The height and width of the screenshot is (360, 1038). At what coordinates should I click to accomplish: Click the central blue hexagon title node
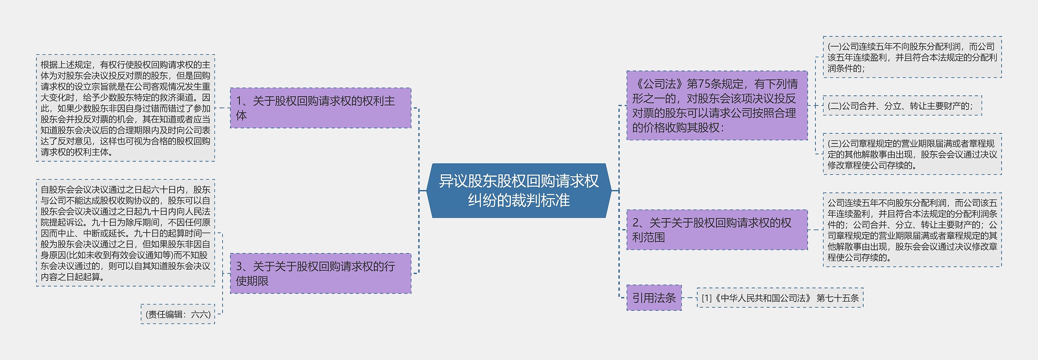(519, 191)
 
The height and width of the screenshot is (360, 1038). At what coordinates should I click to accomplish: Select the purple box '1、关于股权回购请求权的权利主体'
(320, 108)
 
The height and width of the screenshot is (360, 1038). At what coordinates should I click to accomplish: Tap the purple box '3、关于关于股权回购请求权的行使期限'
(320, 273)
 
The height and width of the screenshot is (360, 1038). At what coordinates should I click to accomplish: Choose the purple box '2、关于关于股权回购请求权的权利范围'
(717, 229)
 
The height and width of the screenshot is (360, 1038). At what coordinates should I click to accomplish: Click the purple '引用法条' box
(654, 298)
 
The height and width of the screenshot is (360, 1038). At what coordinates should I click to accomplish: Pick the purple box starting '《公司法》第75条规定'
(717, 105)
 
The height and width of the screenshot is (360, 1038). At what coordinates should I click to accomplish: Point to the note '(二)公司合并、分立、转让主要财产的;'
(902, 106)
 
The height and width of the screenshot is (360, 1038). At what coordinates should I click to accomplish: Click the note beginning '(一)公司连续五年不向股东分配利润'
(912, 57)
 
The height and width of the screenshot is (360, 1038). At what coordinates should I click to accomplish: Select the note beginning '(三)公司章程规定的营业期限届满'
(912, 154)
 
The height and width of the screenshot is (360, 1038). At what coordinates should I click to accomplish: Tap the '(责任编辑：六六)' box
(178, 314)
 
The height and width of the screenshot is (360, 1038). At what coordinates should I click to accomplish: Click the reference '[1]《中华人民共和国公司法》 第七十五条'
(780, 298)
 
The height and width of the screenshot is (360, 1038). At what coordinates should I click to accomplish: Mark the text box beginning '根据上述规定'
(125, 108)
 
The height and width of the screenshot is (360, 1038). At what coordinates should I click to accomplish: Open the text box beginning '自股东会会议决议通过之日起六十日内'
(125, 233)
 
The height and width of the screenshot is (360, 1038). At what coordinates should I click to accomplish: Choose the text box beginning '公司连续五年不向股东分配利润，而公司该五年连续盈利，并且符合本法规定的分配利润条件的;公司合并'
(912, 230)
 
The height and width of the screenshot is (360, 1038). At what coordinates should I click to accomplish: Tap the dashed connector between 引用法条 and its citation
(689, 298)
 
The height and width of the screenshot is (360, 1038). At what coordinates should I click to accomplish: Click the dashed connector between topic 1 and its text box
(222, 108)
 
